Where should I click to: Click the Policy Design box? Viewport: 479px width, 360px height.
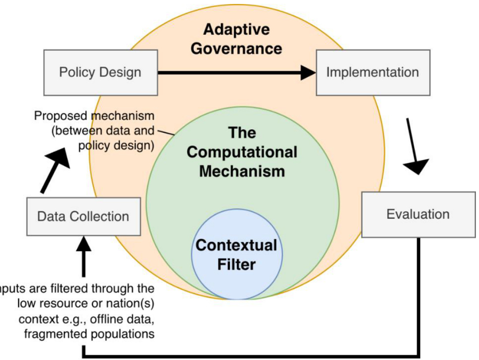point(100,72)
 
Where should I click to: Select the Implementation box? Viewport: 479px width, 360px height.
point(372,72)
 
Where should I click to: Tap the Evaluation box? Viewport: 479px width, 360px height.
point(418,214)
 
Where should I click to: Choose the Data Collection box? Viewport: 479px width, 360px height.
point(83,216)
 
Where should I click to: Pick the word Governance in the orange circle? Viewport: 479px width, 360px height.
point(236,48)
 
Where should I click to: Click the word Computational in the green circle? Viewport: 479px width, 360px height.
point(242,152)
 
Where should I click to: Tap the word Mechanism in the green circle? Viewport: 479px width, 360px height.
point(242,171)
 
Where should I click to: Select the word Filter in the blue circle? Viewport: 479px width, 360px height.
point(236,265)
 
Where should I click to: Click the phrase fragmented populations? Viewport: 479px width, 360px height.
point(89,334)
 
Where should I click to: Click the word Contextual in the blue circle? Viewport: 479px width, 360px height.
point(236,246)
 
